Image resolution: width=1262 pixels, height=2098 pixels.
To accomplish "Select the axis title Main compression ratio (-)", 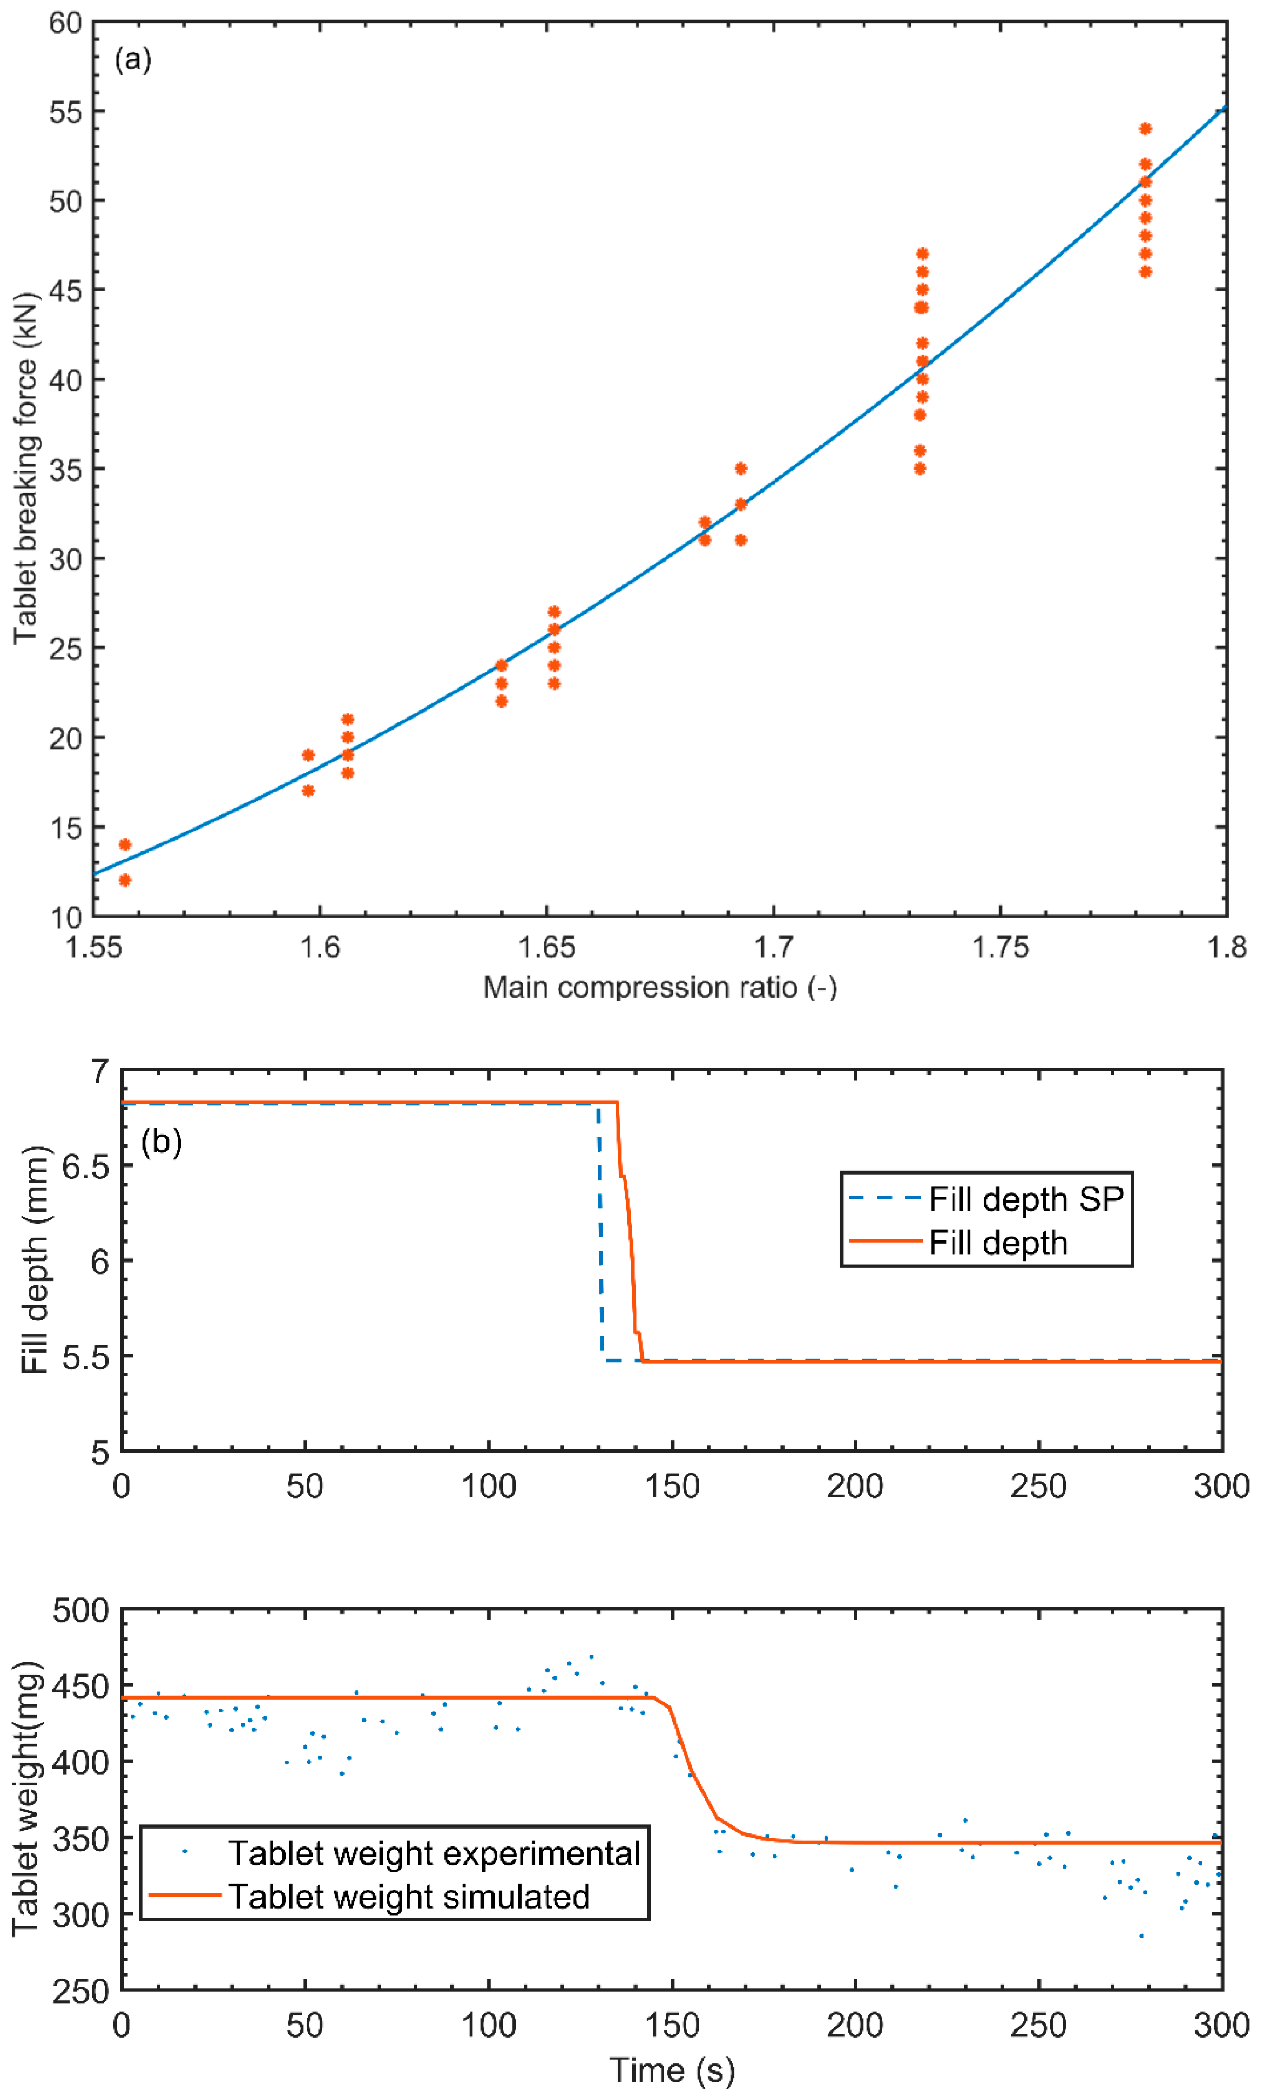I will pyautogui.click(x=660, y=987).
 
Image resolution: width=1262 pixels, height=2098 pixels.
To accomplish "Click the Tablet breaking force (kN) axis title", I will pyautogui.click(x=26, y=468).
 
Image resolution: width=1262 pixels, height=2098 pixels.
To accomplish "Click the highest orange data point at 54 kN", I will pyautogui.click(x=1145, y=129).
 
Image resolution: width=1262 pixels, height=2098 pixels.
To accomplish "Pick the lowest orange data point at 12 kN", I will pyautogui.click(x=125, y=880).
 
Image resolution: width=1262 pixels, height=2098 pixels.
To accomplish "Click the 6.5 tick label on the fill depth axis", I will pyautogui.click(x=86, y=1166).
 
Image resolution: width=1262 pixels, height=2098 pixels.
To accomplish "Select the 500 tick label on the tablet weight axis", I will pyautogui.click(x=81, y=1610).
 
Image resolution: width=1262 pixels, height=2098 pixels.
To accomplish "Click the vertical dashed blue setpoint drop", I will pyautogui.click(x=600, y=1233).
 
